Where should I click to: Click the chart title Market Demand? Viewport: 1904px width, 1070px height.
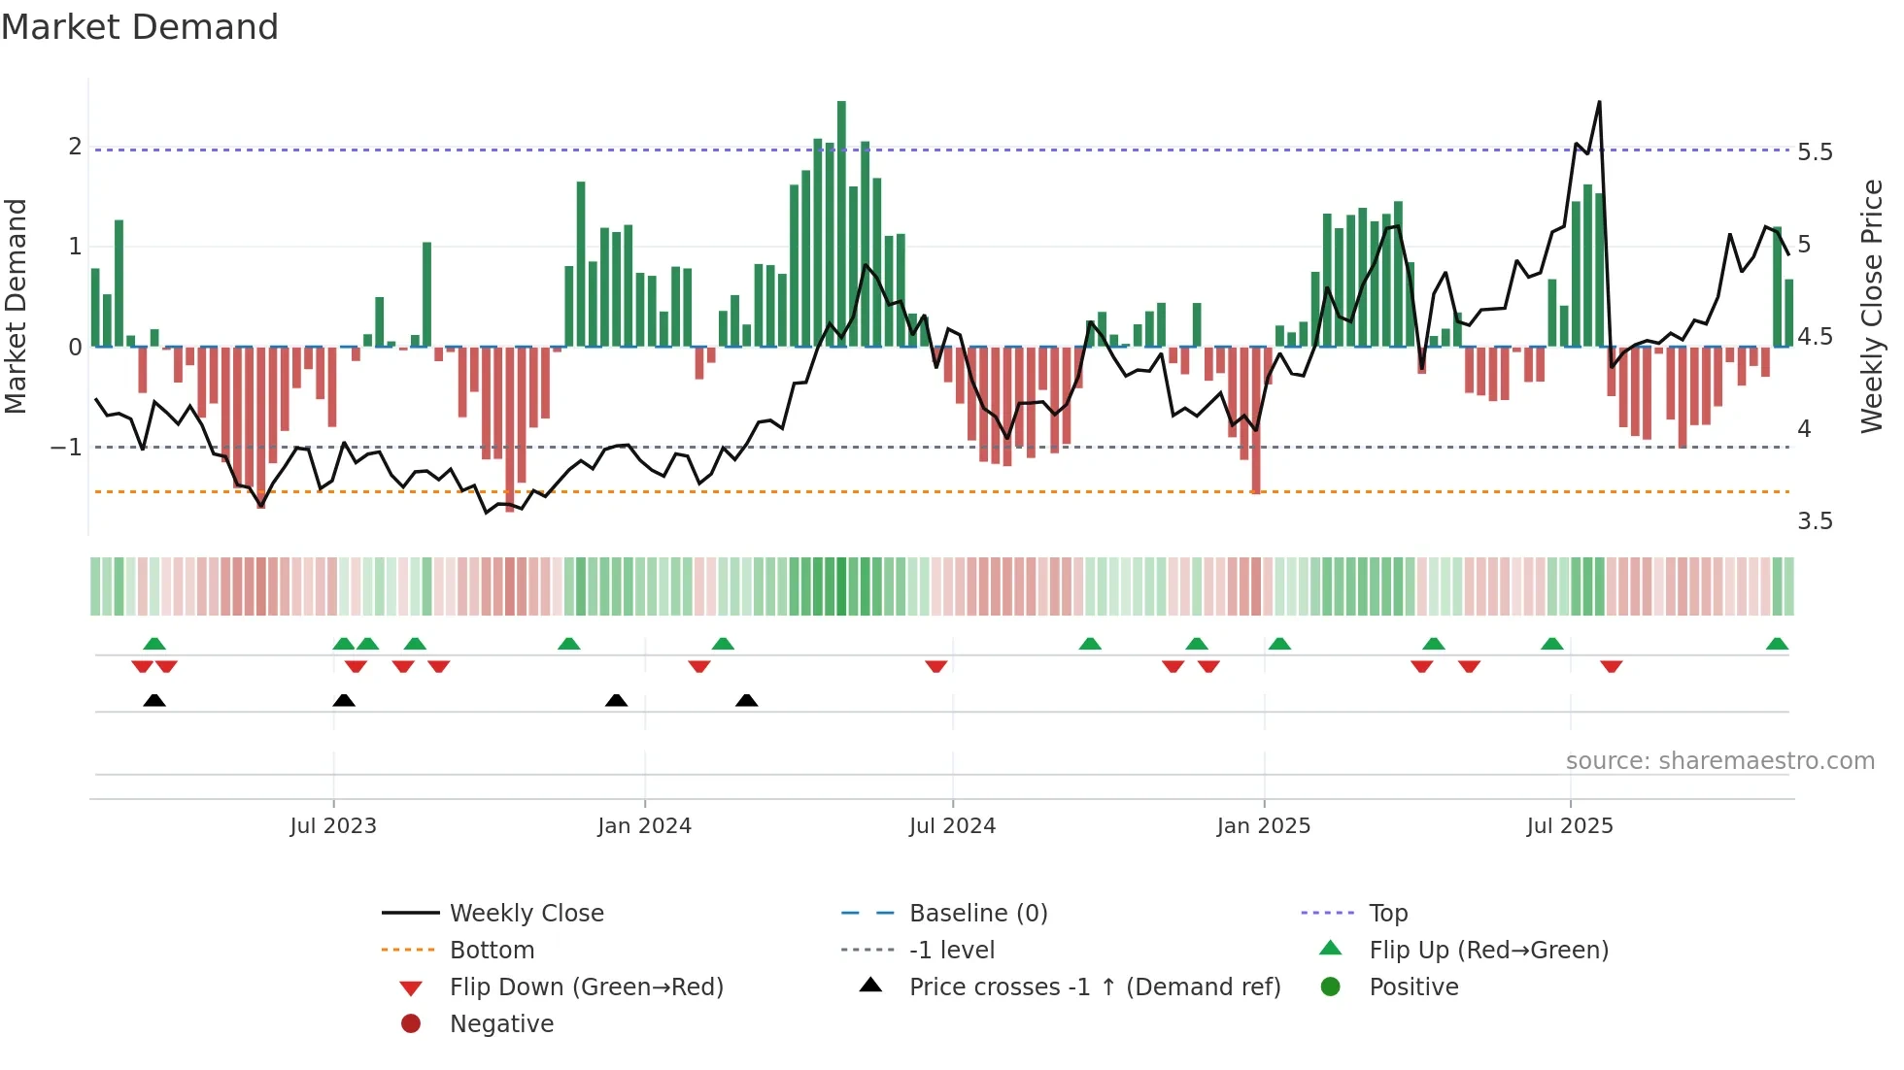click(140, 27)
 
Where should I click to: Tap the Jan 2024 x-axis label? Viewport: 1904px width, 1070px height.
click(644, 826)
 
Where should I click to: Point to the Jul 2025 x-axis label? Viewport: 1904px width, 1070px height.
click(1569, 826)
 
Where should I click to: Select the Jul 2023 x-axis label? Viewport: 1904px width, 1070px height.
click(333, 826)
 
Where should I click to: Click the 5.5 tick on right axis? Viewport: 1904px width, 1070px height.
click(1815, 152)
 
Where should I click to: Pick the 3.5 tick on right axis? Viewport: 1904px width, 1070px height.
click(1815, 521)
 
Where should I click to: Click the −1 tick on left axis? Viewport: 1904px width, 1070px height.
click(66, 448)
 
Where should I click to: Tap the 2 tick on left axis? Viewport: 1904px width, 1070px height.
click(75, 147)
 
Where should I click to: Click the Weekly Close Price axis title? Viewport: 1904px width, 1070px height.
click(1871, 306)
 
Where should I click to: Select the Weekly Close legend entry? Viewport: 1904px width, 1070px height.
click(526, 914)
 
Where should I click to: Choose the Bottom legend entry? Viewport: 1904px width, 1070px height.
click(492, 951)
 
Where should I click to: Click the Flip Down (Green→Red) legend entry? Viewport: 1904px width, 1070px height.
click(586, 987)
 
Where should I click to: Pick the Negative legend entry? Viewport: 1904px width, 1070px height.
click(501, 1024)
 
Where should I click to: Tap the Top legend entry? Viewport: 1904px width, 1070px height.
click(1388, 914)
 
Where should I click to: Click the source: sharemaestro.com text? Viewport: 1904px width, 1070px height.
click(1719, 761)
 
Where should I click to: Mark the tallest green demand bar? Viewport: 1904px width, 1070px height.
click(841, 223)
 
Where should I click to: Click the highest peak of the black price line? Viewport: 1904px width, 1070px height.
click(1599, 102)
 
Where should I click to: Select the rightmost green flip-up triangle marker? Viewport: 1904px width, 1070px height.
click(1777, 644)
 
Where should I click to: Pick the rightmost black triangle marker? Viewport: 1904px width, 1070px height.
click(746, 700)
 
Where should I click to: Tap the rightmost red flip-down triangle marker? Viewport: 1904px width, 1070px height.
click(1612, 666)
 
